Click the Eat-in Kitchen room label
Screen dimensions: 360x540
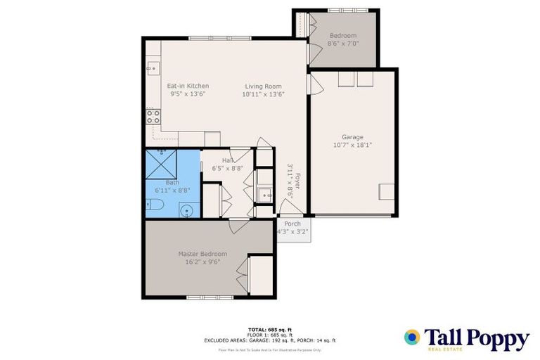[188, 86]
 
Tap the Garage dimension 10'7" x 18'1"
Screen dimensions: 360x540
[352, 145]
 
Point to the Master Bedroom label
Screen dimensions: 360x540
[202, 254]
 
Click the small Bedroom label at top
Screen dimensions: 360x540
[342, 36]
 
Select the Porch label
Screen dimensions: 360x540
[292, 224]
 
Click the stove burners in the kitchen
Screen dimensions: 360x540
[153, 116]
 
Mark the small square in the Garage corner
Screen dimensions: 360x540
[387, 192]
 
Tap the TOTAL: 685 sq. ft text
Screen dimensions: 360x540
[269, 329]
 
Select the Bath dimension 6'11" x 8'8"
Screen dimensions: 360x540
[172, 190]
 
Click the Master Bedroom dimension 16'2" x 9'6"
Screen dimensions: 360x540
[202, 262]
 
